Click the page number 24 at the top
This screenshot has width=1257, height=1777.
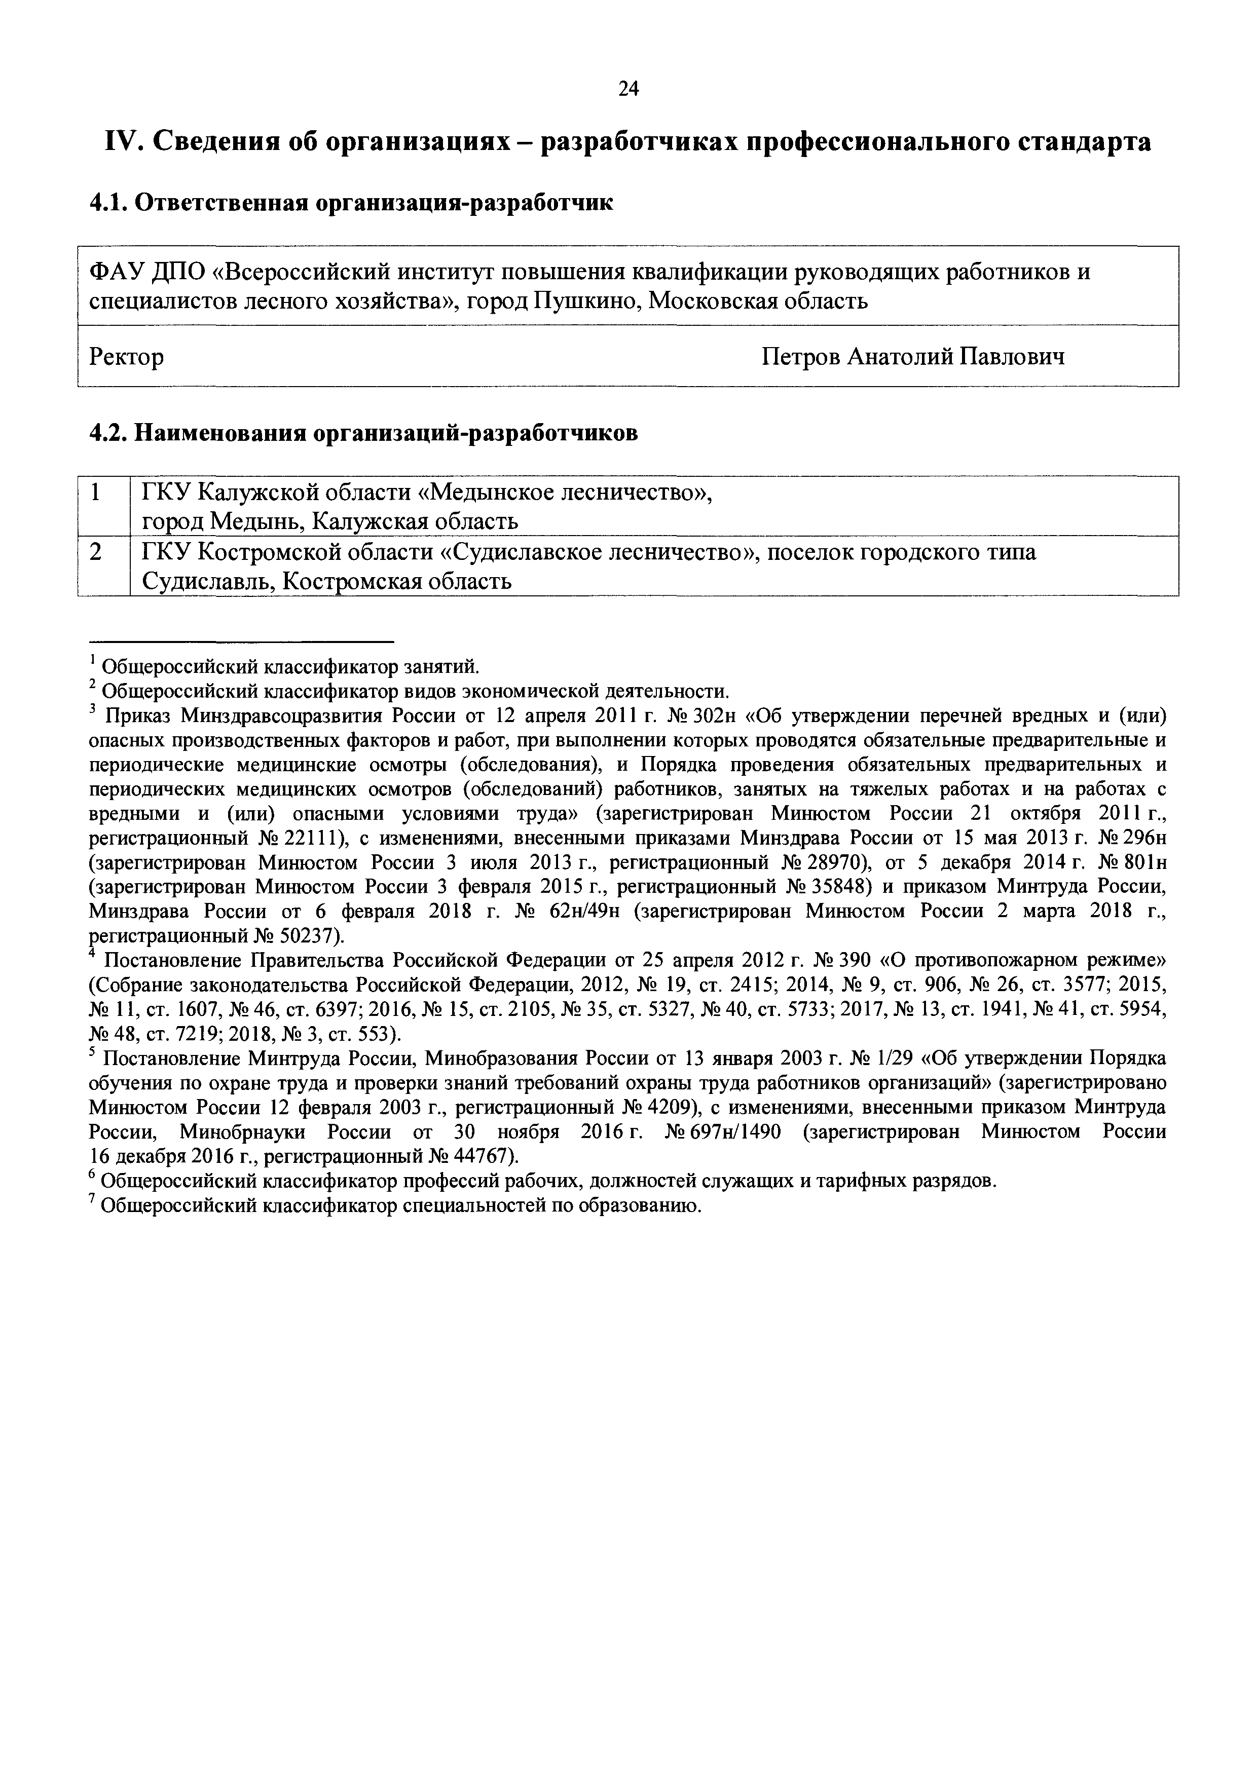(628, 89)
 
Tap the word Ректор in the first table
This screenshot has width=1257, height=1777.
(126, 357)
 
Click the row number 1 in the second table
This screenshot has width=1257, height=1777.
(96, 492)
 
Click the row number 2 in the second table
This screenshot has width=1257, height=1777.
(96, 552)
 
